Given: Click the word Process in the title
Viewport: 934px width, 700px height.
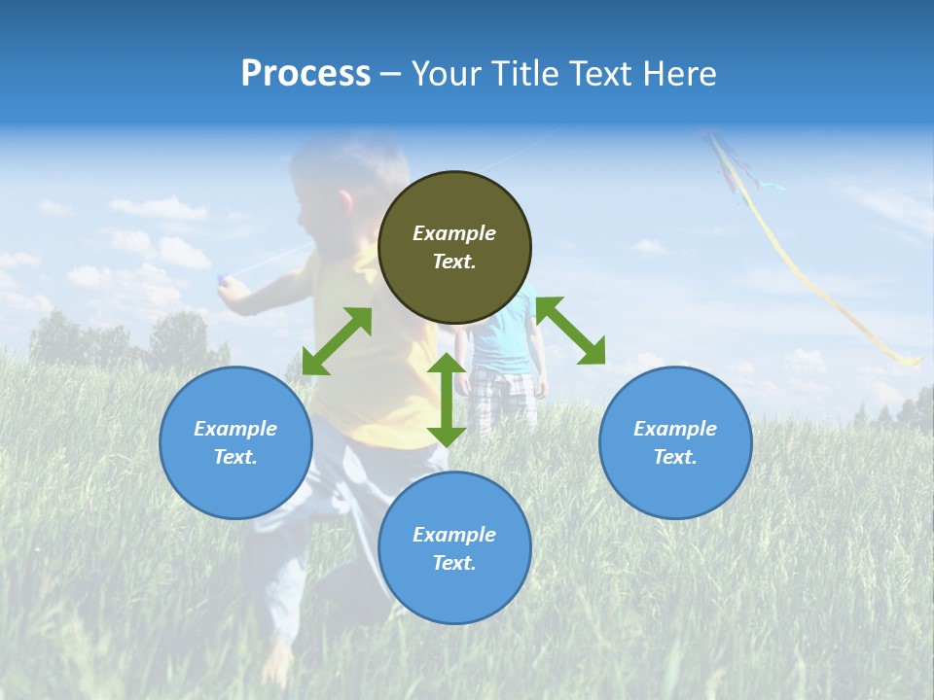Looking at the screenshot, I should [x=305, y=74].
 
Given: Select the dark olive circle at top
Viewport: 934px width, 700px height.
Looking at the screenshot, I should [x=454, y=248].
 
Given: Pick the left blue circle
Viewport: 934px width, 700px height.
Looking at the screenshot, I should [x=235, y=442].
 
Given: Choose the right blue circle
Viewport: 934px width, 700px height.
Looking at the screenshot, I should [x=675, y=442].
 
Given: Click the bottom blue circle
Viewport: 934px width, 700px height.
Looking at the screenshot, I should [x=454, y=547].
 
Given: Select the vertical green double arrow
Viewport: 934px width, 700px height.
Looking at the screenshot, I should [x=447, y=400].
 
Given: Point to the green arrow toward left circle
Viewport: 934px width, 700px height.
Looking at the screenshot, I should [x=337, y=341].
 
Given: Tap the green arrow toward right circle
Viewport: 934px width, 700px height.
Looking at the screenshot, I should [x=570, y=331].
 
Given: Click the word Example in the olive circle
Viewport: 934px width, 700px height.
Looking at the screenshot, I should [x=454, y=233].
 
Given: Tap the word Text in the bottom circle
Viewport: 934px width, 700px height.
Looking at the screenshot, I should [x=454, y=563].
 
